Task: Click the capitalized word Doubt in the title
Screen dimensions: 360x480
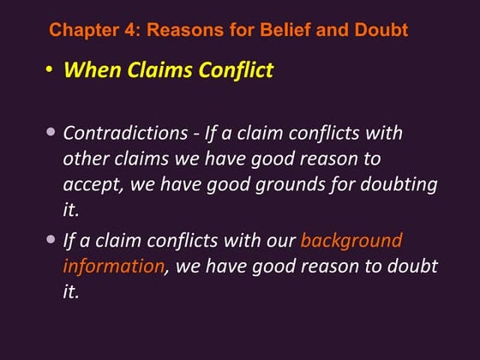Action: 382,31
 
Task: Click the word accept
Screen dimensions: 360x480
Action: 89,186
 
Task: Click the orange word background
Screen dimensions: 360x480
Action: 351,240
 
